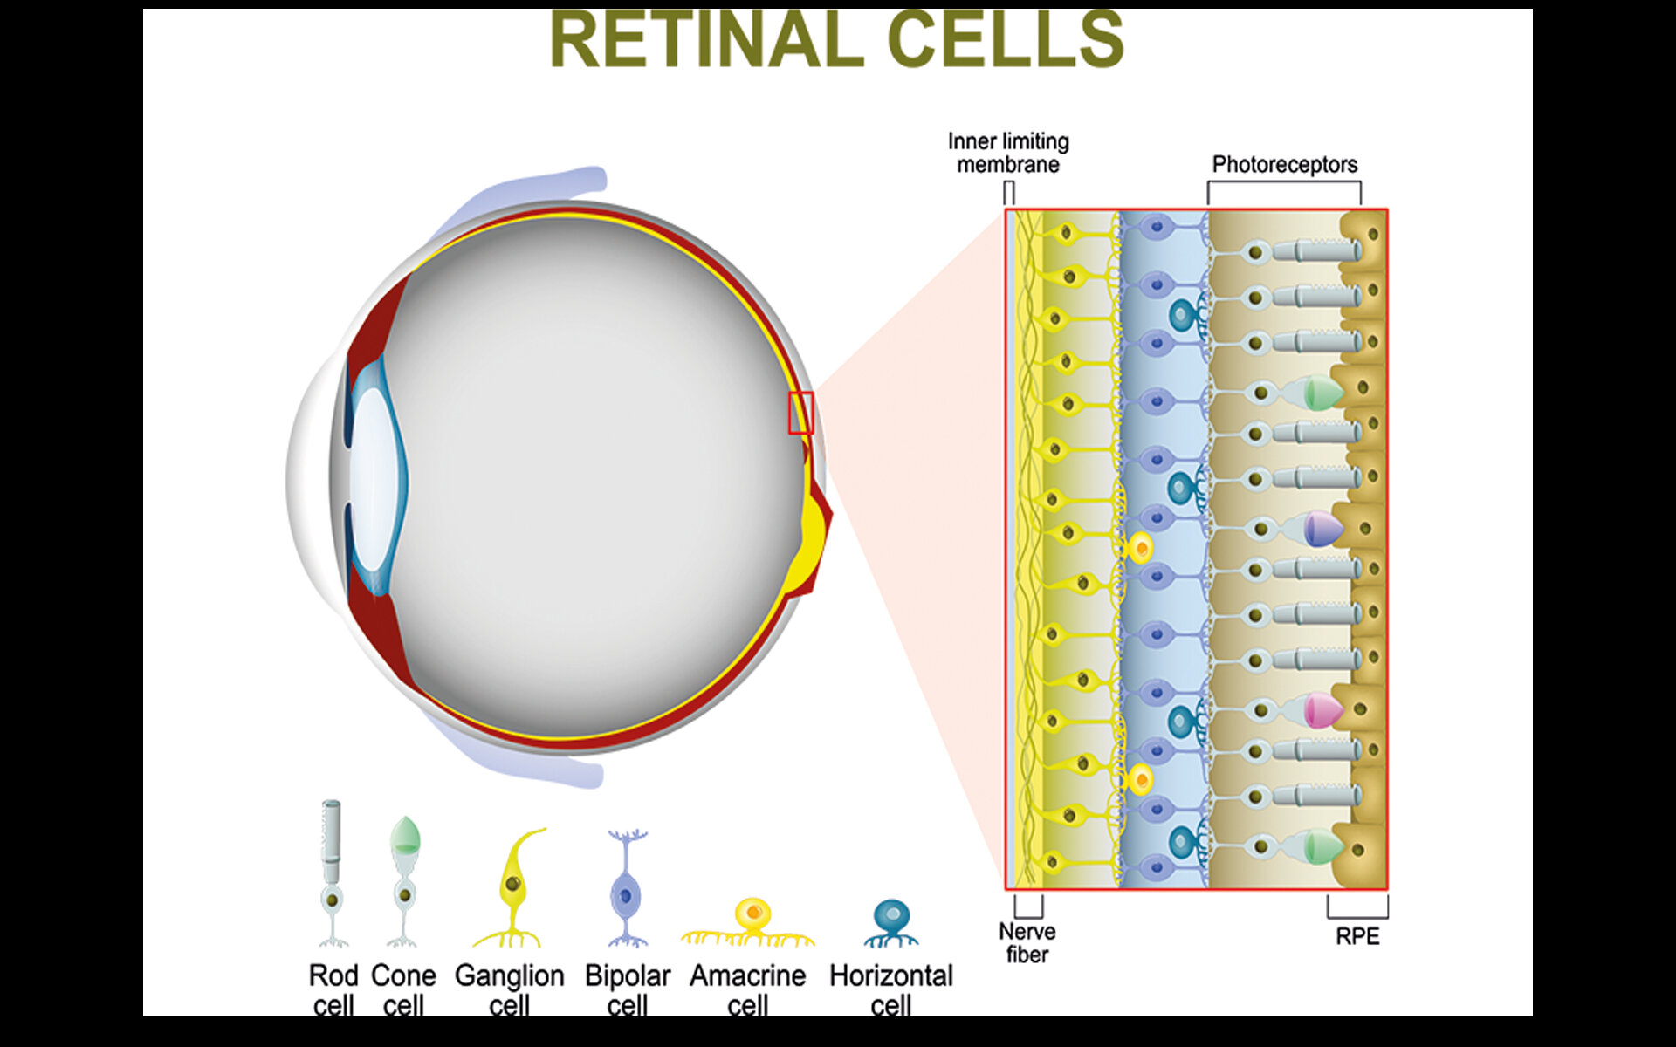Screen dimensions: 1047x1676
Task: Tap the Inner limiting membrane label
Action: [1008, 153]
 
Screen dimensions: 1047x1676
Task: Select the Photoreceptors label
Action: [1284, 164]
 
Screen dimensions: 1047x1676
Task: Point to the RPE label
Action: [1357, 936]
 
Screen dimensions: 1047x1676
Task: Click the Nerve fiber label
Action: [1027, 943]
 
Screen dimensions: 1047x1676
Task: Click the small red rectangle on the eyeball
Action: [800, 413]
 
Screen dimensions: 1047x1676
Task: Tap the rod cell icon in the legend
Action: [332, 872]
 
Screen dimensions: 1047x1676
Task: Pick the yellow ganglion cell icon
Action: [513, 890]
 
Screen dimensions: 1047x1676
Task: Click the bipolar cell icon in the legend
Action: [627, 890]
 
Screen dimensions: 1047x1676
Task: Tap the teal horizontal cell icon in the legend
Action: [891, 923]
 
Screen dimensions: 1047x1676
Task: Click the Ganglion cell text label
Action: [509, 989]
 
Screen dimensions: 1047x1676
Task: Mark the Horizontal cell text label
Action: [890, 989]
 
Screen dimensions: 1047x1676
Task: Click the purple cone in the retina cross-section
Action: [1321, 529]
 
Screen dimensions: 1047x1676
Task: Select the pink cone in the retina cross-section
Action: [1321, 710]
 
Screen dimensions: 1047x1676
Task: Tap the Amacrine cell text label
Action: [747, 989]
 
